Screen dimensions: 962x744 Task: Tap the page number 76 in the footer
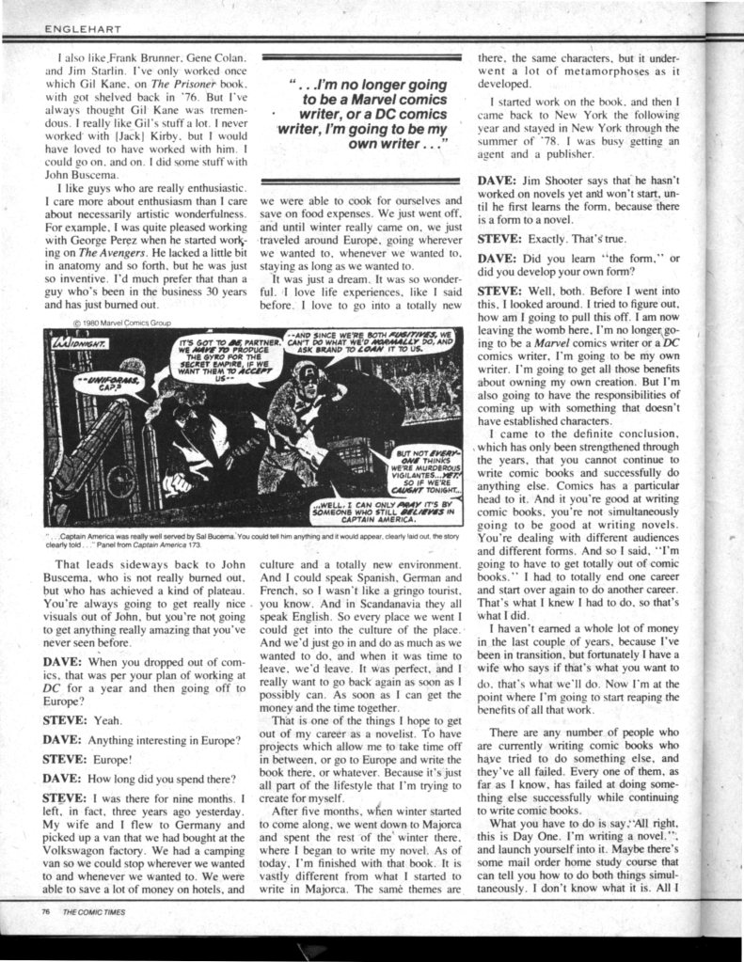point(46,911)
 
